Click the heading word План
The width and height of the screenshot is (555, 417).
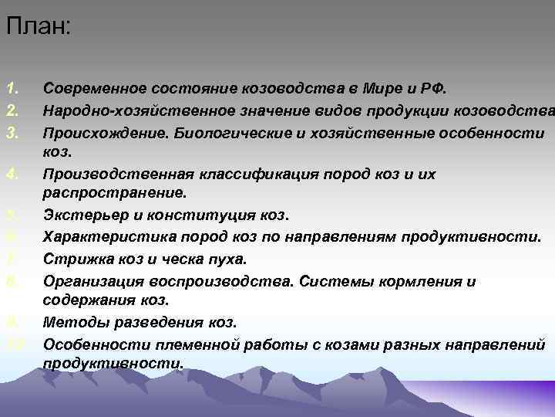click(38, 27)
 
